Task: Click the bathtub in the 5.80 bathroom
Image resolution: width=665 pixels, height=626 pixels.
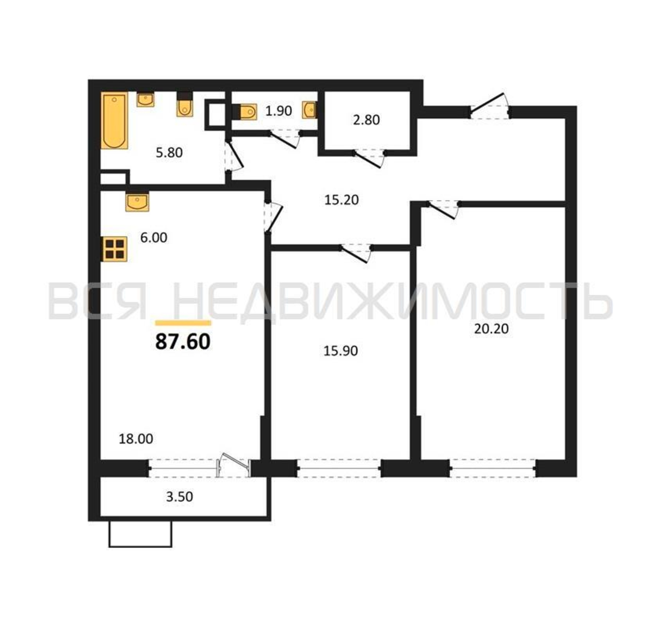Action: [x=115, y=121]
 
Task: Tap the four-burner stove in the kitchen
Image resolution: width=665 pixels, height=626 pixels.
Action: [x=115, y=249]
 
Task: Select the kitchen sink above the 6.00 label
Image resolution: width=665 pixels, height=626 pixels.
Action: [x=137, y=202]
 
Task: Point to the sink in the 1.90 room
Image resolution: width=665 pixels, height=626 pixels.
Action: [x=310, y=110]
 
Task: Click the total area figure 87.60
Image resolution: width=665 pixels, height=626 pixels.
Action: [x=183, y=342]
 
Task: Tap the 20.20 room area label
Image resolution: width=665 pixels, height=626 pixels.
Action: [x=491, y=329]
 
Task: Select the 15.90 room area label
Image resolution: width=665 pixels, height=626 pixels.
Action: [x=340, y=351]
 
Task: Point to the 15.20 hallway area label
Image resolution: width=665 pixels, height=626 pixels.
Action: [x=341, y=200]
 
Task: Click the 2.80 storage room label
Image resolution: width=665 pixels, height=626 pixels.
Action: [x=366, y=120]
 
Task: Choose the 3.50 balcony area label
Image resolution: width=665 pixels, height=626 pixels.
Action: [x=180, y=497]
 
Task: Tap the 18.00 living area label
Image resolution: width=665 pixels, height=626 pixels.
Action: [x=136, y=439]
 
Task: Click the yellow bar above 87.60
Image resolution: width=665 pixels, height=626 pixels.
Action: [x=183, y=323]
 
